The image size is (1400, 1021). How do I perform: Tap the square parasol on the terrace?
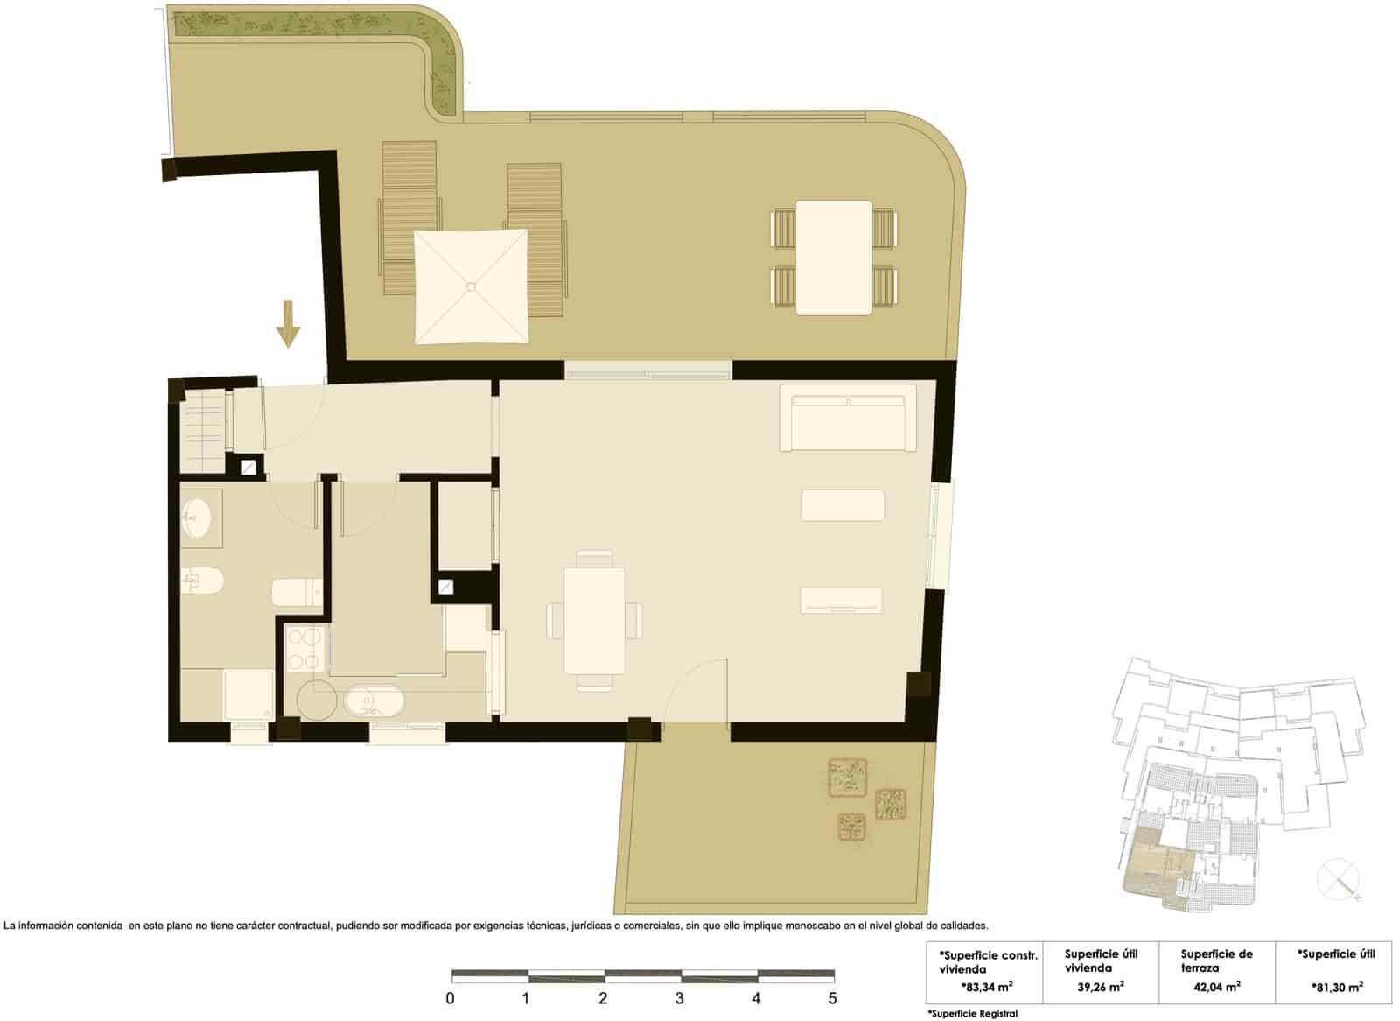coord(472,286)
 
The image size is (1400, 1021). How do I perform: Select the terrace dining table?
coord(833,257)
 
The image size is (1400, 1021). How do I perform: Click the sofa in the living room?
coord(848,422)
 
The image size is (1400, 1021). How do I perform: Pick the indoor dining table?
coord(594,620)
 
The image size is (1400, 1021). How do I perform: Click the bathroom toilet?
coord(203,581)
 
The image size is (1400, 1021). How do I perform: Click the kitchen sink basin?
coord(374,701)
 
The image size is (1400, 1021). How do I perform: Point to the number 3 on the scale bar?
coord(679,998)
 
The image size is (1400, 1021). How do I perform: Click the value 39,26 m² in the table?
coord(1100,986)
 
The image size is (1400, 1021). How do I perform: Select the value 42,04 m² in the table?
coord(1216,986)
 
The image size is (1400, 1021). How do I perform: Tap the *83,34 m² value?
coord(986,986)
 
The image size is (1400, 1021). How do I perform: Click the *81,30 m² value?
coord(1337,986)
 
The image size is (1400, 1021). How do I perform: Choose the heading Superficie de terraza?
coord(1216,961)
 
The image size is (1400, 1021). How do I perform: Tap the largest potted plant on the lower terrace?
coord(847,778)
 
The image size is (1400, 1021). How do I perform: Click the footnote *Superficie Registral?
coord(972,1014)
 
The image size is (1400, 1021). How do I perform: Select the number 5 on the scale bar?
coord(832,998)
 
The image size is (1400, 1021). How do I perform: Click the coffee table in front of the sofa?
coord(843,505)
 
